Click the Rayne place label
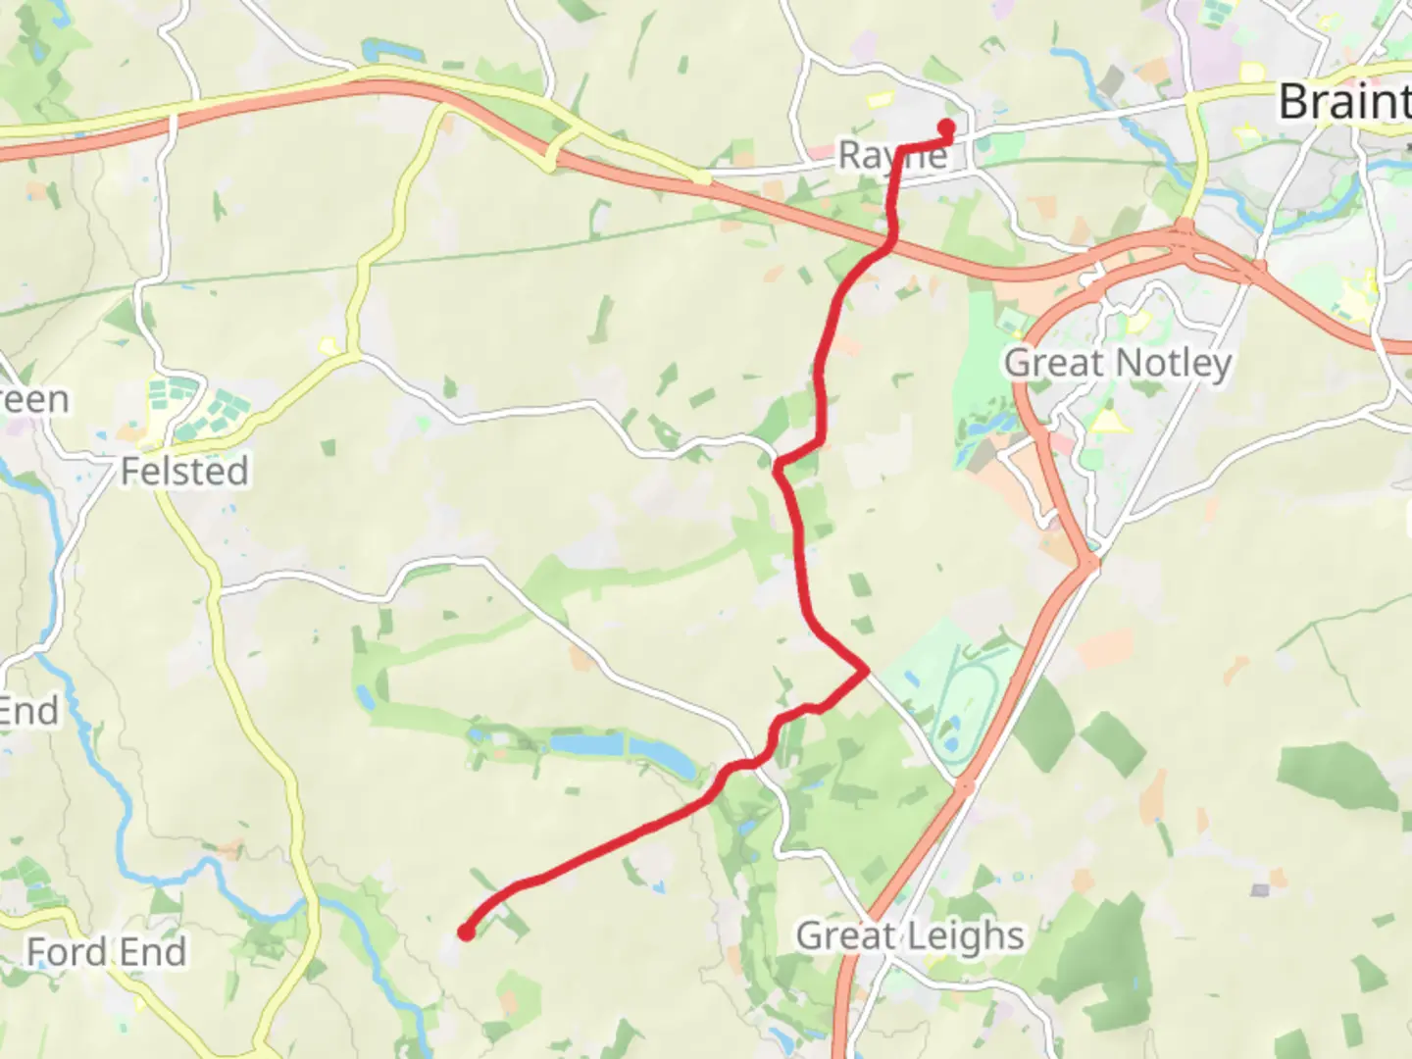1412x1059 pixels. [x=892, y=155]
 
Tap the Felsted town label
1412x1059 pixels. [x=184, y=472]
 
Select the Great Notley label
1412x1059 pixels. [x=1118, y=363]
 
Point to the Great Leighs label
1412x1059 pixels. [x=910, y=935]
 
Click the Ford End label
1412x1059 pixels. [x=106, y=951]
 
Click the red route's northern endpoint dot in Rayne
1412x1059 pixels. [x=947, y=126]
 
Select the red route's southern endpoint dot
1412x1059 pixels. [x=466, y=933]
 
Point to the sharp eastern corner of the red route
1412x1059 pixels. [x=866, y=671]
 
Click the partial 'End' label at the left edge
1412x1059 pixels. [x=29, y=711]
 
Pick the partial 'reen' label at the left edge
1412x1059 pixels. [x=34, y=400]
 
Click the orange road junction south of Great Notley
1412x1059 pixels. [x=1089, y=563]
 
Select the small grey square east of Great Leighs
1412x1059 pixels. [x=1260, y=890]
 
